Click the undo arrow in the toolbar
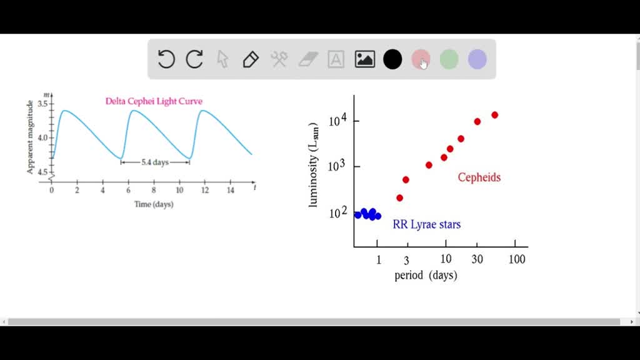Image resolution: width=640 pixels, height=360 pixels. (166, 59)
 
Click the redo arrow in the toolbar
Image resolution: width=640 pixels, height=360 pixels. (195, 59)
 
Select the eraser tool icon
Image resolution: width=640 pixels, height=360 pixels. (308, 59)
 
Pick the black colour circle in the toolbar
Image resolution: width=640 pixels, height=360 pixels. (392, 59)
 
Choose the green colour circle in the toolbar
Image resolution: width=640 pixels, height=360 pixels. (449, 59)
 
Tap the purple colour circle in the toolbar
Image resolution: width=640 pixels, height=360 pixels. (477, 59)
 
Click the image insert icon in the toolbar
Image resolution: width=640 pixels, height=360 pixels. (365, 59)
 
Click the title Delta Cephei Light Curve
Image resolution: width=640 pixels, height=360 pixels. (154, 101)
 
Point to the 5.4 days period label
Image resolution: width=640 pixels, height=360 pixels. (155, 162)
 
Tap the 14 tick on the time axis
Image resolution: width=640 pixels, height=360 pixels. (231, 189)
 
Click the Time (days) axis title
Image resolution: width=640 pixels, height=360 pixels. (154, 204)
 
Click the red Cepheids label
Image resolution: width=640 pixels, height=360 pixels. (479, 177)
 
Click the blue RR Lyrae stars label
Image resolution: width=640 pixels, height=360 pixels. (427, 224)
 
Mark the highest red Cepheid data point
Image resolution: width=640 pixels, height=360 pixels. (494, 115)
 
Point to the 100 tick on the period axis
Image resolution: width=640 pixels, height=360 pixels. (517, 259)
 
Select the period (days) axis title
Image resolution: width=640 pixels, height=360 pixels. (426, 276)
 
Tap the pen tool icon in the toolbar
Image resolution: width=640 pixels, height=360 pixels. (251, 59)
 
